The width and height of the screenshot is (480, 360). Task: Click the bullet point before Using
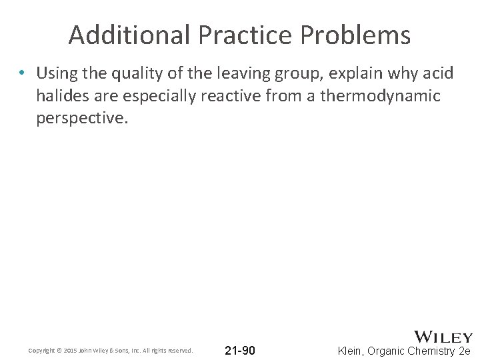point(23,72)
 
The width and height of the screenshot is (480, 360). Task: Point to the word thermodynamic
point(381,96)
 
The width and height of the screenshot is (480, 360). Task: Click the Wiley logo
point(443,337)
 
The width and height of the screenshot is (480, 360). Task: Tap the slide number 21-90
point(240,350)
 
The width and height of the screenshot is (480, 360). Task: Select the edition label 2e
point(465,351)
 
